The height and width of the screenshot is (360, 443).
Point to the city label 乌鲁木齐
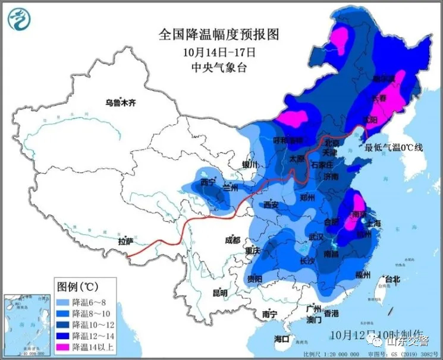tap(121, 103)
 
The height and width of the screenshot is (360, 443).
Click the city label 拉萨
tap(126, 242)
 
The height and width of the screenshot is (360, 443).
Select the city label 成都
tap(233, 240)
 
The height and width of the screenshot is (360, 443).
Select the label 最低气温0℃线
tap(394, 147)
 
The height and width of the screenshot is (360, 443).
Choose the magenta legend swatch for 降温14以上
tap(62, 347)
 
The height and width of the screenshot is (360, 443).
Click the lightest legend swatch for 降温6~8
tap(62, 302)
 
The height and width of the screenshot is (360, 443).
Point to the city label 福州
tap(363, 274)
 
